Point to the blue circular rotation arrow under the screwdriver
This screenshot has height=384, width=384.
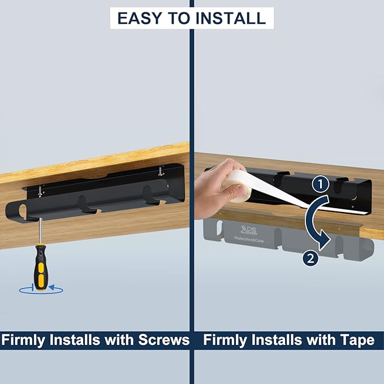pyautogui.click(x=41, y=290)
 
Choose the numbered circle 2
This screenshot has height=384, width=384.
pyautogui.click(x=310, y=258)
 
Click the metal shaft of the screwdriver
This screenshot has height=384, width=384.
pyautogui.click(x=38, y=232)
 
